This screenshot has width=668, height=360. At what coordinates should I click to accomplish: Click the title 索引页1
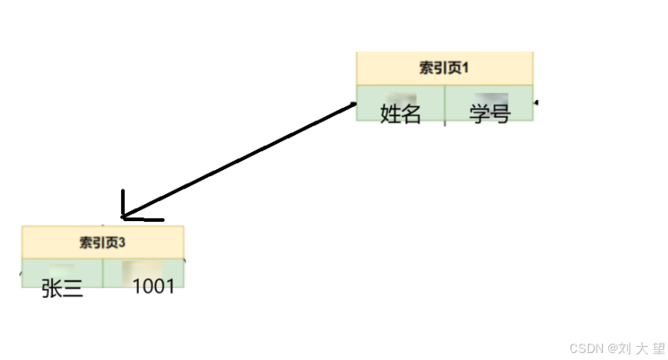(445, 68)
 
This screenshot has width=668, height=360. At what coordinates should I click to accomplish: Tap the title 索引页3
(102, 242)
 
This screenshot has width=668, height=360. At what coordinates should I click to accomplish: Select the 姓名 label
(400, 115)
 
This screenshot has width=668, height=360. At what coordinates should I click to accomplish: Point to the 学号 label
(490, 115)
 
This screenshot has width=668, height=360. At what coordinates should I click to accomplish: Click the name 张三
(62, 289)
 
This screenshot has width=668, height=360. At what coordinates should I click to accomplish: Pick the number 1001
(153, 287)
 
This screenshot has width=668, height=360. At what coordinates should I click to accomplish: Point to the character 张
(52, 289)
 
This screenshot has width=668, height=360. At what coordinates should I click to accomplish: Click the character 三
(72, 289)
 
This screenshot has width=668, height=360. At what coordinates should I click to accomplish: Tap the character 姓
(390, 115)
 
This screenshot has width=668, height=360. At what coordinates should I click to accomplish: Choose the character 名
(410, 115)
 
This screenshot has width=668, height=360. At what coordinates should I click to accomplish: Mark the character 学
(479, 115)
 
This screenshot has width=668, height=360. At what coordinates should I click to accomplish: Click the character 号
(500, 115)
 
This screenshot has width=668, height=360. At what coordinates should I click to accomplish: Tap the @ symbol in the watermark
(613, 348)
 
